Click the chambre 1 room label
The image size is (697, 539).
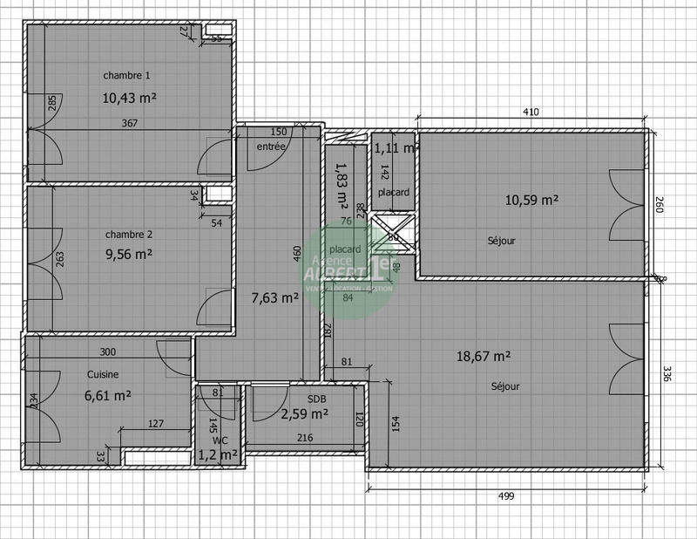128,75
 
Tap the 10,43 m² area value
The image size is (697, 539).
130,98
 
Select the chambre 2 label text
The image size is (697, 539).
129,235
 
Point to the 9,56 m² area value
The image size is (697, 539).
128,255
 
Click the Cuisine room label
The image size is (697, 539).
103,374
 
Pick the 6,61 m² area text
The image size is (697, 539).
107,394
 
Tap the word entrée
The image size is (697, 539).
270,147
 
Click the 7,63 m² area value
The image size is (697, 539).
274,297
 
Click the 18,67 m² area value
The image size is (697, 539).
484,355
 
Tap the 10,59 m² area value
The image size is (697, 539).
531,199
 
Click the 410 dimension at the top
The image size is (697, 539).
531,112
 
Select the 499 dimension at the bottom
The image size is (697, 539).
505,496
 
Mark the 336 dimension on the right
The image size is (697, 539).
668,374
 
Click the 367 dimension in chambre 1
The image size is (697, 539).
129,124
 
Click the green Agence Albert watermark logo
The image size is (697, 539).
348,268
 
